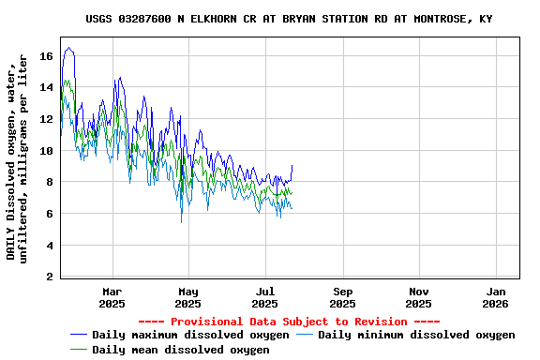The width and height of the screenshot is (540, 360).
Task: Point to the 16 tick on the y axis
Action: (x=46, y=56)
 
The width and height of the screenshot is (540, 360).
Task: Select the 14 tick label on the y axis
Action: (x=46, y=87)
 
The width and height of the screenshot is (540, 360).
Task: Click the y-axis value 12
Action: (x=46, y=119)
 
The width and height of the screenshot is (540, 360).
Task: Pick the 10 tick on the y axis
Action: (x=46, y=151)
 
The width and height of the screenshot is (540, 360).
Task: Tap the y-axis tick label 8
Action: (x=49, y=183)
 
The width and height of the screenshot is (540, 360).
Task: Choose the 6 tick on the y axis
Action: (x=49, y=214)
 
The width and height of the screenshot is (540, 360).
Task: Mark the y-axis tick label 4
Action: (x=49, y=246)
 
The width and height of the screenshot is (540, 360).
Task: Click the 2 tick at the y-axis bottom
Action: (x=49, y=277)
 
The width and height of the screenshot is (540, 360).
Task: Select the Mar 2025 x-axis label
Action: (x=112, y=297)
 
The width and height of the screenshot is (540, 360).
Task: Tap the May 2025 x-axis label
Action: (x=188, y=297)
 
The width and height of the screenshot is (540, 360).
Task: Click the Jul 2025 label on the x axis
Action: (x=265, y=297)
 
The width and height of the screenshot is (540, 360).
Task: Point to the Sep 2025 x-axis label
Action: (x=343, y=297)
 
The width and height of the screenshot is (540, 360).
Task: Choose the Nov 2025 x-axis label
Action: (x=419, y=297)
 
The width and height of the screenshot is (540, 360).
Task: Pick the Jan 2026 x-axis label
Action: (x=496, y=297)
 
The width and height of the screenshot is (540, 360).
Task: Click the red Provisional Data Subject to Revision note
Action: (x=289, y=322)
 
